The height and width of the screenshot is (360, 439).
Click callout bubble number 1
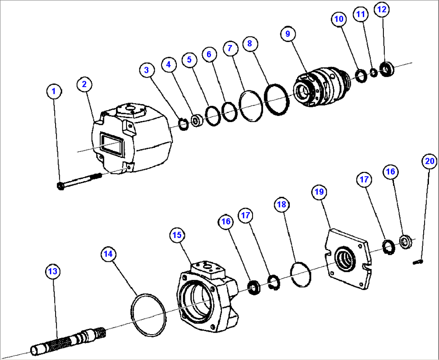pos(54,91)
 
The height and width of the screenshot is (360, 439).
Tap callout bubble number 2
pos(84,84)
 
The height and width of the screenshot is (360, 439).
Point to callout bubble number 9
pos(288,34)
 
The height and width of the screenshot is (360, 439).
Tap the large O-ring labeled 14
pos(148,313)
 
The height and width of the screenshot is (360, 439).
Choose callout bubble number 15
pos(178,235)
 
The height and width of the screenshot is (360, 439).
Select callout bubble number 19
pos(319,192)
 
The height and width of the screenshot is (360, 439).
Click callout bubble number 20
pos(429,161)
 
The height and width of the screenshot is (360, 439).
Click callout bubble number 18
pos(282,205)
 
